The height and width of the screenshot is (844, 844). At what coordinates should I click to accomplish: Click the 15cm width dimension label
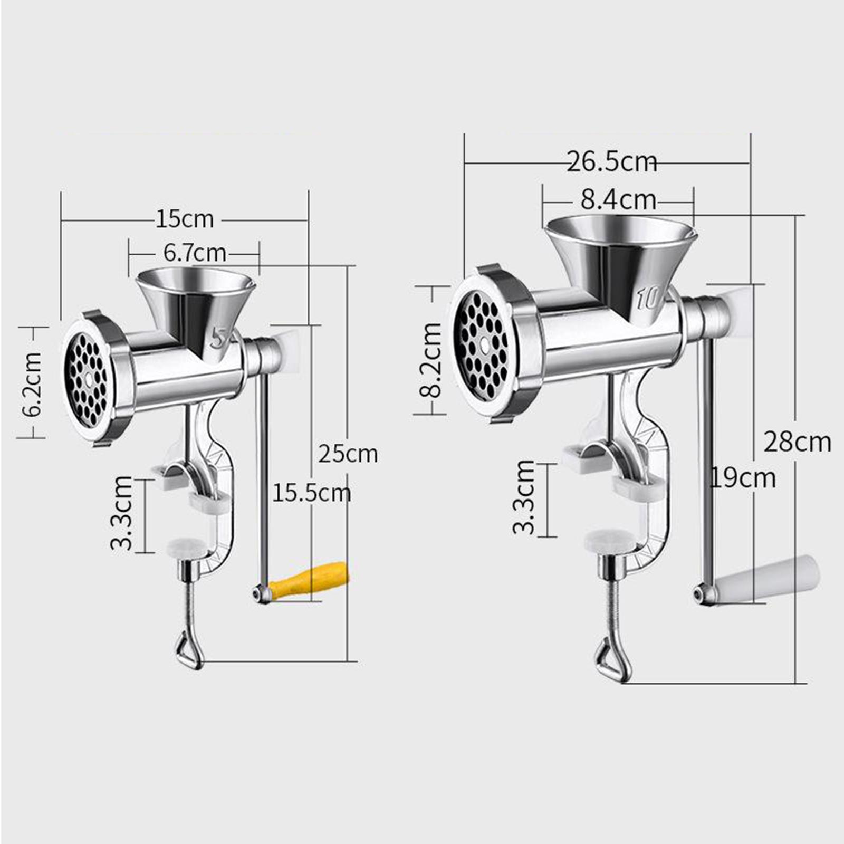click(185, 219)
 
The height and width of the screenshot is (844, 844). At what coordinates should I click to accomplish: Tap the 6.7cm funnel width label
click(195, 253)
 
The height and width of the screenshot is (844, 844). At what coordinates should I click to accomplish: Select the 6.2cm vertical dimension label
click(33, 384)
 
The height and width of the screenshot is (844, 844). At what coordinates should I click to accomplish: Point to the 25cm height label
click(348, 454)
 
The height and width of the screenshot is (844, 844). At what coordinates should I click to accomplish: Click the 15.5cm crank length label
click(311, 493)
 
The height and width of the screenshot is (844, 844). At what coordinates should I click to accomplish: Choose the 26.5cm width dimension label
click(612, 161)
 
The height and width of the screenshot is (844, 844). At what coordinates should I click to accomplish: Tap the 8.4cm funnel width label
click(618, 200)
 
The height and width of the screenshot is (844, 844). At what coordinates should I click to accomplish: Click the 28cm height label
click(797, 442)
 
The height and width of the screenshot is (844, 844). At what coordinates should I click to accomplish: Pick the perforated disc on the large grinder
click(481, 346)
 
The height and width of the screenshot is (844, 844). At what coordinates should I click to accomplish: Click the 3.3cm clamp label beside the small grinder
click(122, 513)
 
